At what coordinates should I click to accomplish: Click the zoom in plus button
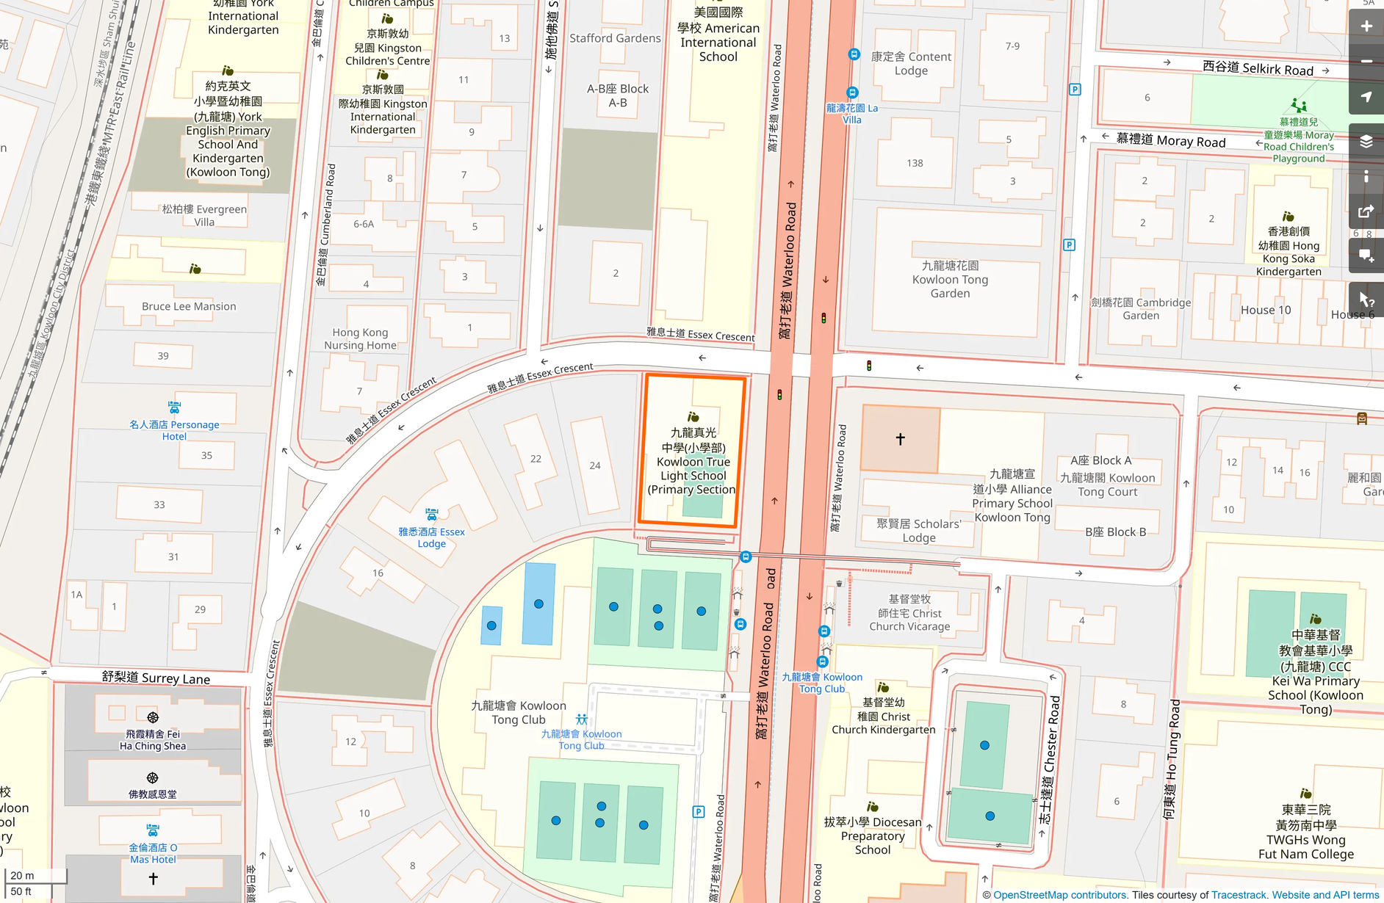tap(1366, 26)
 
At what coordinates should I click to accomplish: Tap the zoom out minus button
tap(1366, 62)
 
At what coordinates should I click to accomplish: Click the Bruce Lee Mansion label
tap(189, 306)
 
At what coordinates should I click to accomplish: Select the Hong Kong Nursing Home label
tap(360, 338)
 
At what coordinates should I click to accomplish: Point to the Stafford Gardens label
tap(615, 38)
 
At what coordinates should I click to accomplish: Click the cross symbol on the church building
tap(900, 439)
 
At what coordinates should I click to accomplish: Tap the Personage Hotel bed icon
tap(174, 407)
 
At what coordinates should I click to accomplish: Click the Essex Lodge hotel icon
tap(432, 514)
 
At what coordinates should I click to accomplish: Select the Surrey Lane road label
tap(156, 678)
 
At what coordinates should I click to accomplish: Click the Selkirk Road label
tap(1258, 68)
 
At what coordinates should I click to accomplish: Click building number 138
tap(915, 163)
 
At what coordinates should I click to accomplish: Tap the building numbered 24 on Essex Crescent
tap(594, 465)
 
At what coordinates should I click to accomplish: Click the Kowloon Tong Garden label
tap(950, 279)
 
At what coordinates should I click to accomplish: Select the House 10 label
tap(1266, 310)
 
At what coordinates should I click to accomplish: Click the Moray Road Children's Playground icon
tap(1299, 106)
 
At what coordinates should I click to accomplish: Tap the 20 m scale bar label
tap(22, 875)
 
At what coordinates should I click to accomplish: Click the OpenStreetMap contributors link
tap(1059, 895)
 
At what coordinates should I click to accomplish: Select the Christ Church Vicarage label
tap(909, 613)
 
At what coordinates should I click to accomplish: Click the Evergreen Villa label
tap(204, 215)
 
